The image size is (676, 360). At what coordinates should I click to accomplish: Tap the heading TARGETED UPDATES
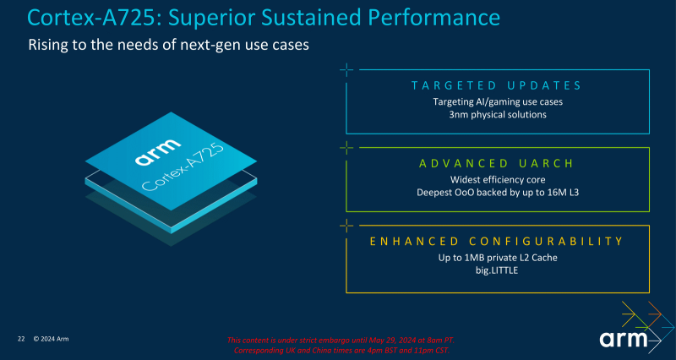pyautogui.click(x=497, y=86)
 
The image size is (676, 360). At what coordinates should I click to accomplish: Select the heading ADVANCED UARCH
pyautogui.click(x=497, y=163)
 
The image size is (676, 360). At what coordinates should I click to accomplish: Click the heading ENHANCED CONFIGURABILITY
pyautogui.click(x=497, y=242)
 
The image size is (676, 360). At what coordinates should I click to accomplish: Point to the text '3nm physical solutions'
pyautogui.click(x=497, y=114)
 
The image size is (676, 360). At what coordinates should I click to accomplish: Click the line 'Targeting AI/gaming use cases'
pyautogui.click(x=497, y=101)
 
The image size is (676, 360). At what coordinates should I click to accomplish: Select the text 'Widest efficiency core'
pyautogui.click(x=497, y=179)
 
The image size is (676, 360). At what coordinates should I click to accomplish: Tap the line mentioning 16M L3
pyautogui.click(x=497, y=192)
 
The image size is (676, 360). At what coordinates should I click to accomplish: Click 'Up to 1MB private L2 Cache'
pyautogui.click(x=497, y=257)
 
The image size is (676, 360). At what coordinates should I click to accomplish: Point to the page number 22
pyautogui.click(x=21, y=339)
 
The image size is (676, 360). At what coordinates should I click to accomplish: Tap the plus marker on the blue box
pyautogui.click(x=346, y=70)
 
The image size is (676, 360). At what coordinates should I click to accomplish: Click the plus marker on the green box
pyautogui.click(x=346, y=147)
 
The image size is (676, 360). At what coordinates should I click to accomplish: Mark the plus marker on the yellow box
pyautogui.click(x=346, y=225)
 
